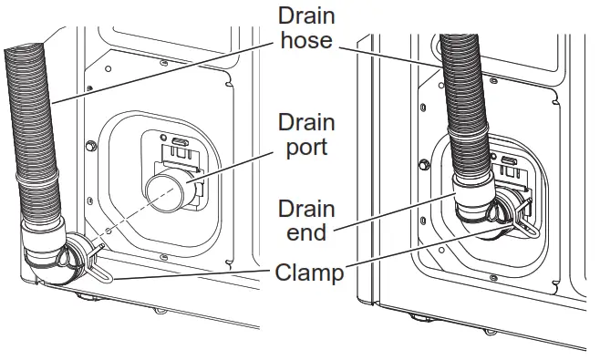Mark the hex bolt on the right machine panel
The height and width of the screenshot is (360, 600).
(422, 164)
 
